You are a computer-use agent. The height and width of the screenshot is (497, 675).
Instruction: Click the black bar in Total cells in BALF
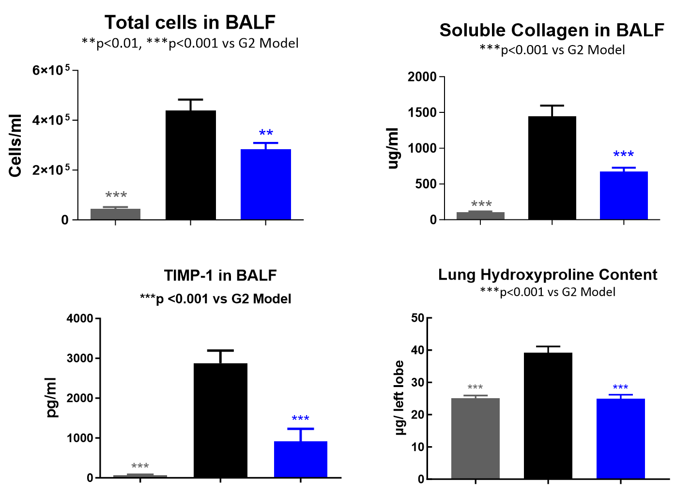point(191,165)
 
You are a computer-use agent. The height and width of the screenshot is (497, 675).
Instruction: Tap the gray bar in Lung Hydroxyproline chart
point(475,438)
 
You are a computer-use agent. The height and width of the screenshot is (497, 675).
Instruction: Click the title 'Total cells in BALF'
point(190,22)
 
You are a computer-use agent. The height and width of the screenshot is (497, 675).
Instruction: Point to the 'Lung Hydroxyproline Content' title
point(548,275)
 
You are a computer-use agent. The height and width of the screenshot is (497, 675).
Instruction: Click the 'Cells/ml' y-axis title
point(15,146)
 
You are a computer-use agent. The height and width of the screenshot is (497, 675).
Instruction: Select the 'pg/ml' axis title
point(51,397)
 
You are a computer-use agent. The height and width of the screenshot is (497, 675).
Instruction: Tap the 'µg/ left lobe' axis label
point(399,398)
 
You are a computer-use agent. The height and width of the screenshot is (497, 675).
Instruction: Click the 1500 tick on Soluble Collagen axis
point(422,112)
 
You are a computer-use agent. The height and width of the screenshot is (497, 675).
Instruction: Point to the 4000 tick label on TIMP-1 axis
point(80,318)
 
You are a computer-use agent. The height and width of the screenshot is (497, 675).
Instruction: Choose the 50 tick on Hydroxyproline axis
point(417,318)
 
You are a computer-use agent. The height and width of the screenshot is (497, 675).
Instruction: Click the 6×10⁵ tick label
point(51,70)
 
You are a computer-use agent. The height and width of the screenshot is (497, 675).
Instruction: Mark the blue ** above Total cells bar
point(266,133)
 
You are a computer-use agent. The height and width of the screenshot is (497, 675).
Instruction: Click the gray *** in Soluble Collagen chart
point(481,204)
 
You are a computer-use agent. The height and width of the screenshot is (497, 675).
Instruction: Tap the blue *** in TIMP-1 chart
point(300,419)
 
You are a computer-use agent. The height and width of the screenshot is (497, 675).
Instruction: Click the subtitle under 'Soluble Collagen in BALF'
point(552,50)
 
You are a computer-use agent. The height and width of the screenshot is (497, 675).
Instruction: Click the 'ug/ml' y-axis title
point(393,148)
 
